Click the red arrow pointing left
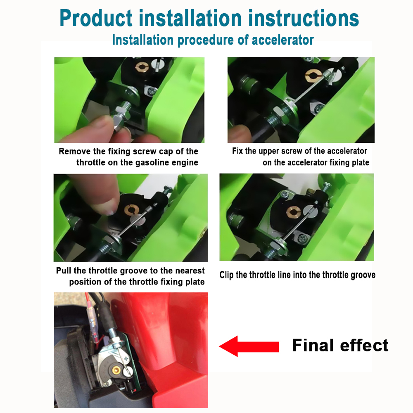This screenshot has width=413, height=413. (x=249, y=346)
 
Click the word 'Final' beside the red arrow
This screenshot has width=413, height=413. (x=313, y=345)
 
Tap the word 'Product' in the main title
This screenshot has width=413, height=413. (x=96, y=19)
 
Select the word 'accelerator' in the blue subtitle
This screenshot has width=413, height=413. (x=282, y=40)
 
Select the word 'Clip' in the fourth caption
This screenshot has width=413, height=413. (x=226, y=275)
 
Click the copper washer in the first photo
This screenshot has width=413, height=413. (x=142, y=67)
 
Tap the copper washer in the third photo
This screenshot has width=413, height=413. (x=131, y=210)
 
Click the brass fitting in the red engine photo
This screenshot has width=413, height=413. (x=116, y=370)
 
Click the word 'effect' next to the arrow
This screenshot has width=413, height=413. (x=364, y=345)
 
